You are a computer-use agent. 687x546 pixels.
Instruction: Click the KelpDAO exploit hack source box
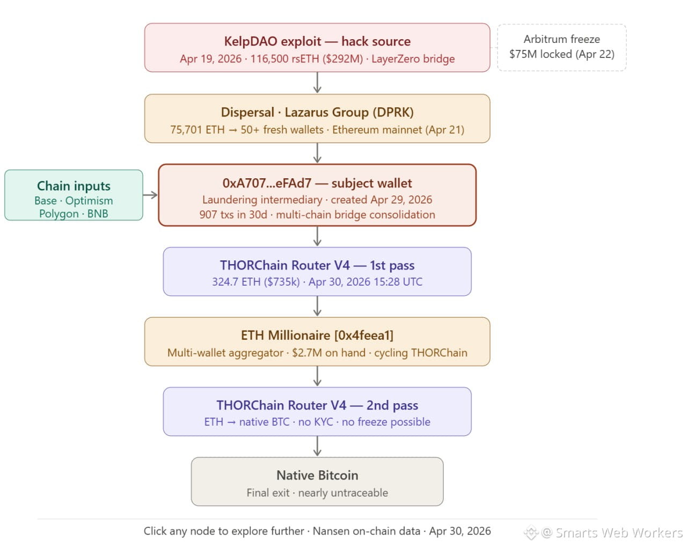[317, 48]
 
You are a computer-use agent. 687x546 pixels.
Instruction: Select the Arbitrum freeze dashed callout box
[561, 48]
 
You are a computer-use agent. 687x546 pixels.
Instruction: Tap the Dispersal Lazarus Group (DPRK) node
[317, 119]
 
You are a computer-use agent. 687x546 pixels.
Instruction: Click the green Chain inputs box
[74, 195]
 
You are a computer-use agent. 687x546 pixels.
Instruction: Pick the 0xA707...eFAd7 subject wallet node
[317, 195]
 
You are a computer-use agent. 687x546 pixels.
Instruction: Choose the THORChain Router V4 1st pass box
[317, 272]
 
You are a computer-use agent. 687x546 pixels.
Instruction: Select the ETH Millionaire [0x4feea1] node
[317, 341]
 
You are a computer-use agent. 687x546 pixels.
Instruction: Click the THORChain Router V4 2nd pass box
[317, 412]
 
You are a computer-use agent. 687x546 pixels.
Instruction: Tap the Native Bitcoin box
[317, 482]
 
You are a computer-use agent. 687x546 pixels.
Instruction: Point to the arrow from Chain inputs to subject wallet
[150, 195]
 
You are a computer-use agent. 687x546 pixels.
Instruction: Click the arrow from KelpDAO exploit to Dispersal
[317, 83]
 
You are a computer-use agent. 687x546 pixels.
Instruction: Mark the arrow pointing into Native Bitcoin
[317, 446]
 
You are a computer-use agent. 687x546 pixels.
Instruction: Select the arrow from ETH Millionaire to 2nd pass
[317, 376]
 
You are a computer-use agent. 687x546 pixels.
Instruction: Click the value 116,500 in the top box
[269, 59]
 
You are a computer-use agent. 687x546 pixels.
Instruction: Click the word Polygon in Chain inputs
[59, 214]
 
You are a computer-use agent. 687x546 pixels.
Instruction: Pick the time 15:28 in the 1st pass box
[384, 282]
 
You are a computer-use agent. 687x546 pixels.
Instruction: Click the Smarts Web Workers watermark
[603, 533]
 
